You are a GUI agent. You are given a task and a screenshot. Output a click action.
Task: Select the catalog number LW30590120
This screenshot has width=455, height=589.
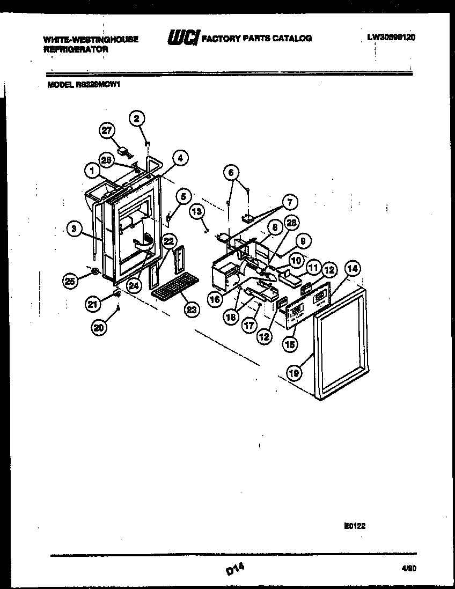tap(391, 38)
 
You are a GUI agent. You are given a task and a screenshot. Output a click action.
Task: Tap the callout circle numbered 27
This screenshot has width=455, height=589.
tap(107, 131)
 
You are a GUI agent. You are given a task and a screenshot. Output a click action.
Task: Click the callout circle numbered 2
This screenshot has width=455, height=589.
tap(137, 119)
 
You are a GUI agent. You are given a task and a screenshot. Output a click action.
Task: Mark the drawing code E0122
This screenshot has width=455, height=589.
tap(355, 526)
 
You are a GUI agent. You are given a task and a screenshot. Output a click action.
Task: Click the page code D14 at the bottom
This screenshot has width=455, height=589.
tap(235, 571)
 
